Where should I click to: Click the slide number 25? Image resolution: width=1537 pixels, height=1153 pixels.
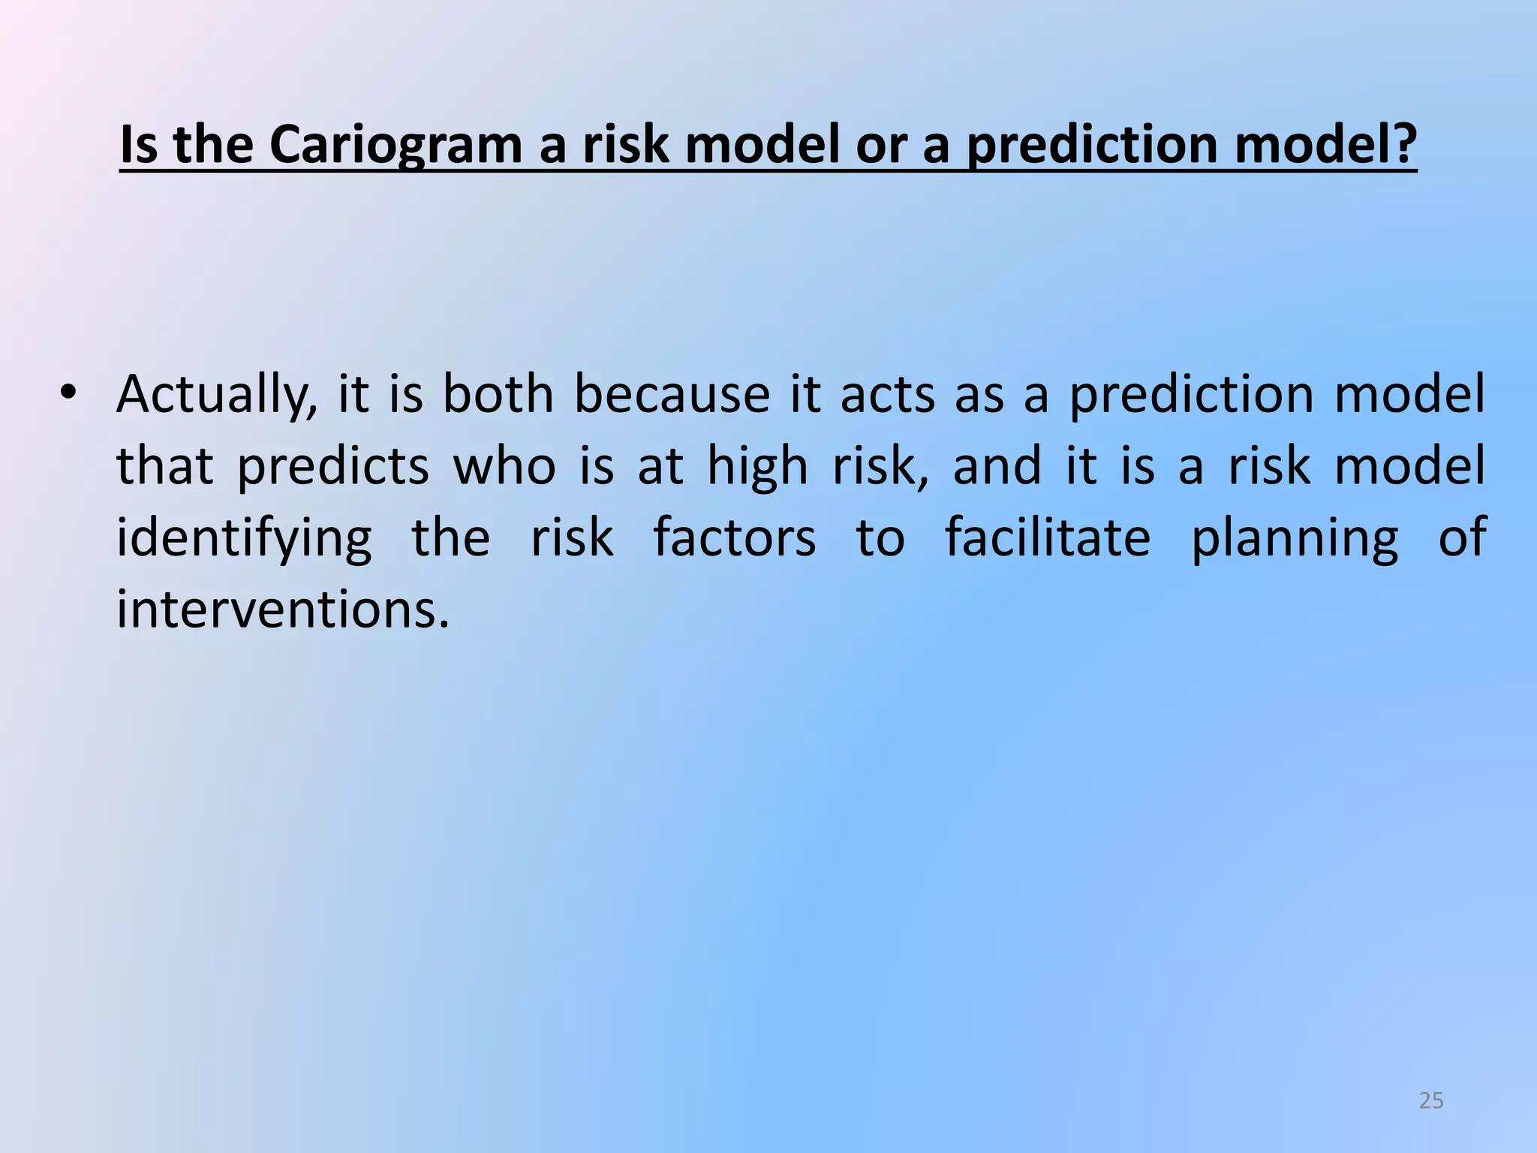tap(1431, 1100)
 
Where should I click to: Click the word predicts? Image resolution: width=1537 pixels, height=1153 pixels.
tap(333, 467)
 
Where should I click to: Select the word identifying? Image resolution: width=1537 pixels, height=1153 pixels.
tap(244, 539)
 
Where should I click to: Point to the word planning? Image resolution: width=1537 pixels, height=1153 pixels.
tap(1295, 539)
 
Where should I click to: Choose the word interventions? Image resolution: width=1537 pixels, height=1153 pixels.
tap(283, 610)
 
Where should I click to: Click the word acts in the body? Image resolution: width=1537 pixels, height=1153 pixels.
tap(887, 395)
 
